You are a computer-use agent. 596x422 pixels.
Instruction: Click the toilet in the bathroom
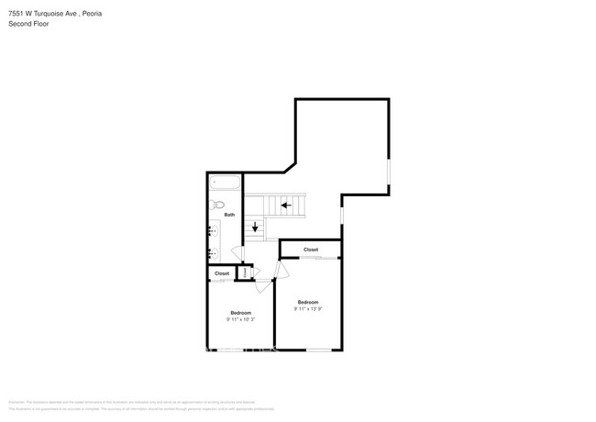[x=217, y=204]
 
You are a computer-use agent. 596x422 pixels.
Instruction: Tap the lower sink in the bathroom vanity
[x=212, y=251]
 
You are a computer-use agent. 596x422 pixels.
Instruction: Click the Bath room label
[x=229, y=215]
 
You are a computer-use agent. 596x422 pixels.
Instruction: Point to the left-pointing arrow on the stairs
[x=287, y=205]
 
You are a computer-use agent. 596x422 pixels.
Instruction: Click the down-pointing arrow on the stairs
[x=256, y=227]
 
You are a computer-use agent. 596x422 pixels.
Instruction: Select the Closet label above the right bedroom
[x=311, y=250]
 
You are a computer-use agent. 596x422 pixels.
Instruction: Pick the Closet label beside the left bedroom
[x=222, y=273]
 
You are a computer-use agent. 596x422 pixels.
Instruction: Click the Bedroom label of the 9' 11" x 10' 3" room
[x=240, y=313]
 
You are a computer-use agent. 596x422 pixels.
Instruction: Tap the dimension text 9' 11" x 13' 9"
[x=307, y=309]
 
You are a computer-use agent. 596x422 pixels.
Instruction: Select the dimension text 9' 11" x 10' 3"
[x=240, y=319]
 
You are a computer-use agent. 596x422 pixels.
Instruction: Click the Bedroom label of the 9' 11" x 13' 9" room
[x=307, y=302]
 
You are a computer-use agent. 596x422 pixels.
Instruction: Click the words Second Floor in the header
[x=29, y=24]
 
